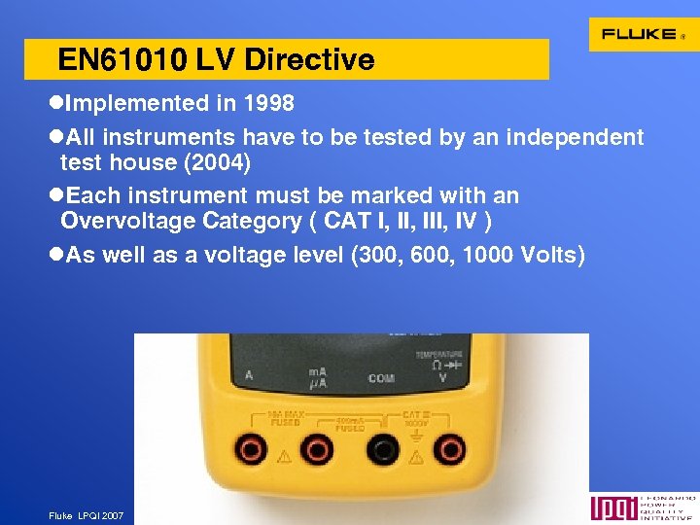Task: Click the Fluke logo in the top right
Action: point(643,34)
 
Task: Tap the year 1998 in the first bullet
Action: point(266,103)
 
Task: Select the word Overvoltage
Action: point(126,221)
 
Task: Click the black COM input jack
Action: point(383,449)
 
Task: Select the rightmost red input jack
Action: point(448,449)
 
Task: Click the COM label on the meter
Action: point(381,377)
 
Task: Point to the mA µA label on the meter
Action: point(317,377)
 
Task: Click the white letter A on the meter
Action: point(249,374)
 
